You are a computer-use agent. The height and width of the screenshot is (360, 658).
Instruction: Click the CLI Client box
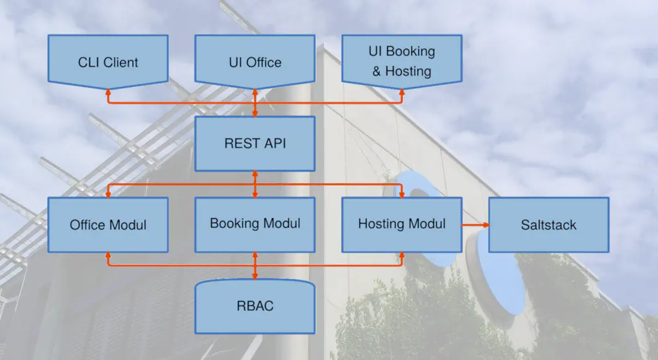pos(108,61)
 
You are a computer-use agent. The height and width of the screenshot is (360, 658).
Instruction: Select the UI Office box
pos(255,61)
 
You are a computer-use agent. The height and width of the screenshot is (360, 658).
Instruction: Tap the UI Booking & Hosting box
pos(402,61)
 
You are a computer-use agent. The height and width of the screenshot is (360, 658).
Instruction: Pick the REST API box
pos(255,143)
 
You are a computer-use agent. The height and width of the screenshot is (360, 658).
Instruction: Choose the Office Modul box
pos(108,225)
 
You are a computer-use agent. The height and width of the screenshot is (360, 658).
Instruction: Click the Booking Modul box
pos(255,225)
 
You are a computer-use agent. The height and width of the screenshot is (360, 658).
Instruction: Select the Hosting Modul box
pos(402,225)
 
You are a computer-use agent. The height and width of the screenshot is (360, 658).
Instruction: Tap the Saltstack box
pos(549,225)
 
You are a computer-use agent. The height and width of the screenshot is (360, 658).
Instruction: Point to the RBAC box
pos(255,306)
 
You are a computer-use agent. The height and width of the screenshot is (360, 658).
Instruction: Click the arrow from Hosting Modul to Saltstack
pos(475,225)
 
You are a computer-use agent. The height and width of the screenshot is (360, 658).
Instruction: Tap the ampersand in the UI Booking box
pos(376,71)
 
